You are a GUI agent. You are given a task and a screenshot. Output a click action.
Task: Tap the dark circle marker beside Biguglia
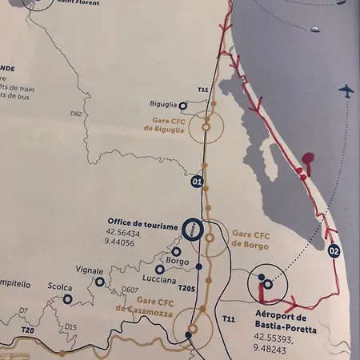(x=183, y=105)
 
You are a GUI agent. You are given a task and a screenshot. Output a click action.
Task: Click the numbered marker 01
(x=197, y=182)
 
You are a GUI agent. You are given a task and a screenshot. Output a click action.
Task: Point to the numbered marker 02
(x=334, y=251)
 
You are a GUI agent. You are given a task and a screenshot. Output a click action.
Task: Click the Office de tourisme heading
(x=142, y=226)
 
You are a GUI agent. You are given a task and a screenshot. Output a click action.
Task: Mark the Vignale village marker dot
(x=100, y=282)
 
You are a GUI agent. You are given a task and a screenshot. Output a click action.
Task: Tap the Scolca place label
(x=59, y=287)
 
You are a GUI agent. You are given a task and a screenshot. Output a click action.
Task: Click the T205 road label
(x=186, y=288)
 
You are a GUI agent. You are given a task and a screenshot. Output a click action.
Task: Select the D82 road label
(x=76, y=114)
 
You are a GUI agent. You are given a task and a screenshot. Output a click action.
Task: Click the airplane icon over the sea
(x=346, y=90)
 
